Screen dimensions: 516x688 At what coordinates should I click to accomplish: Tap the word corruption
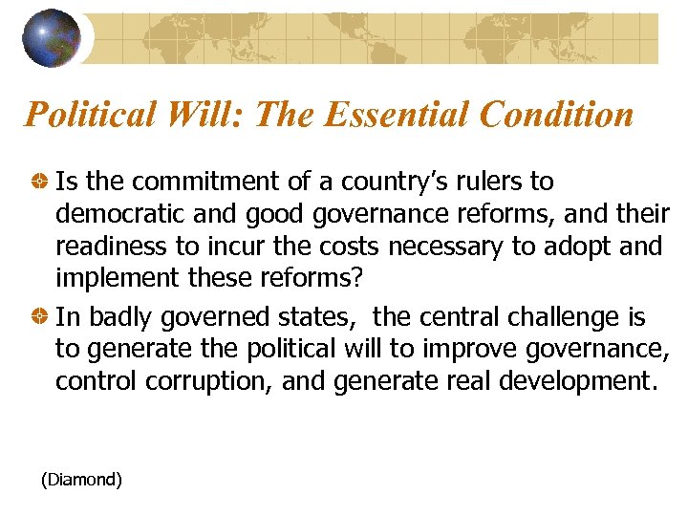point(212,382)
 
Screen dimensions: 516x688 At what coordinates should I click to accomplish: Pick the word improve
point(425,350)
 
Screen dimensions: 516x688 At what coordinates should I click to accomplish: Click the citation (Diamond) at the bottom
point(81,480)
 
